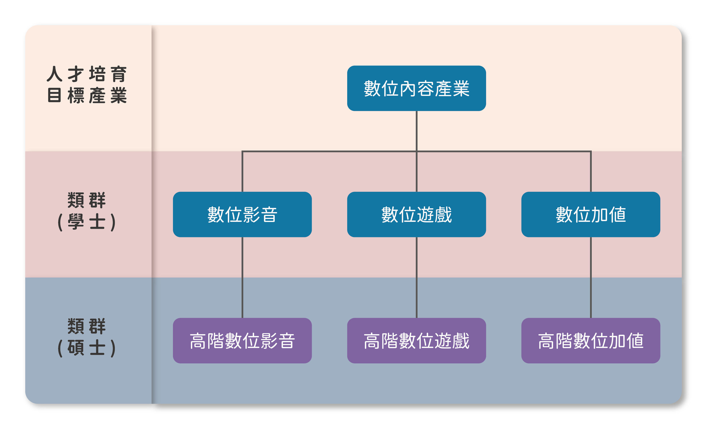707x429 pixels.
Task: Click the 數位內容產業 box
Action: coord(416,88)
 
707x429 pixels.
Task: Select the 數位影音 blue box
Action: coord(242,214)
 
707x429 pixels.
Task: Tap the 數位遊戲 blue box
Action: coord(416,214)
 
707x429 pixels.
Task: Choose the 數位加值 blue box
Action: coord(590,214)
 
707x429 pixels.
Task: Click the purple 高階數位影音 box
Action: coord(242,341)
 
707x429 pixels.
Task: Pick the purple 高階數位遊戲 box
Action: coord(416,341)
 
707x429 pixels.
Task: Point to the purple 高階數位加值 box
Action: coord(590,341)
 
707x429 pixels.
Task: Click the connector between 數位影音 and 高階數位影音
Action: coord(242,277)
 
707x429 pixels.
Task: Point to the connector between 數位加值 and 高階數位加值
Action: coord(591,277)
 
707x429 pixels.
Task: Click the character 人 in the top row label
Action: coord(55,74)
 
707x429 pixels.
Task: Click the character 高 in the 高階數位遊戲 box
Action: coord(372,341)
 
